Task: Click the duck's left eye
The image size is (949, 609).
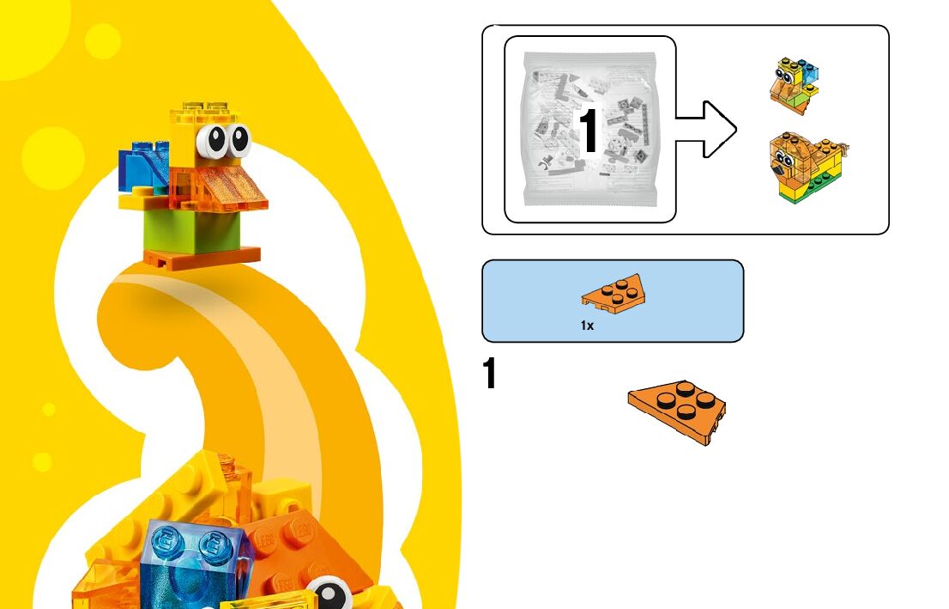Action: [212, 141]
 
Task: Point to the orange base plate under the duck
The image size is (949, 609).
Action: [203, 257]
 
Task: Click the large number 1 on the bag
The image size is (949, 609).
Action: [589, 131]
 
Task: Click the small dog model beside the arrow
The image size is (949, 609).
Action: [807, 167]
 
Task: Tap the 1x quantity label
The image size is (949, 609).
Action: [587, 326]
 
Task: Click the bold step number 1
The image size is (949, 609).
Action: [490, 375]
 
